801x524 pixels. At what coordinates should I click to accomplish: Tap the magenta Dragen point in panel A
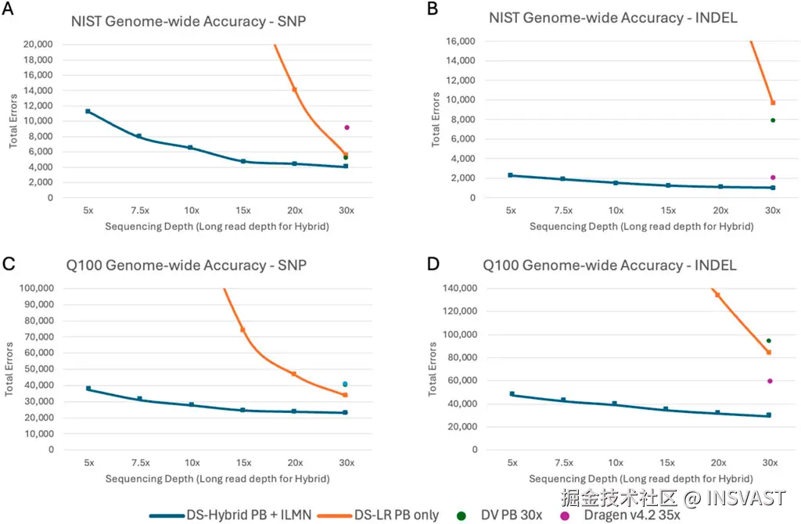(x=347, y=127)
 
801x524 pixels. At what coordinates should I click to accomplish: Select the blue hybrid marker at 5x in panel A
(x=88, y=111)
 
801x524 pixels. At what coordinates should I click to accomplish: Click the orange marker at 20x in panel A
(x=294, y=89)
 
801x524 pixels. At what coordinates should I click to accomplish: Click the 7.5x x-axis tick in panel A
(x=139, y=210)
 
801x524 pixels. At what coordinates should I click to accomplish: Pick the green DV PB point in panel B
(x=773, y=120)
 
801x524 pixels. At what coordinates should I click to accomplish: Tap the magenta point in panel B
(x=773, y=178)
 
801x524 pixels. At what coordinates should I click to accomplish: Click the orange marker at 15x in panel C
(x=242, y=329)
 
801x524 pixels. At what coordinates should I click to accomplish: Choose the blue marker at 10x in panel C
(x=191, y=404)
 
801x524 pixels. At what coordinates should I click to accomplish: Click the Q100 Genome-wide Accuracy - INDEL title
(x=610, y=265)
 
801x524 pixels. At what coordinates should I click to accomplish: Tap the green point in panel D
(x=769, y=340)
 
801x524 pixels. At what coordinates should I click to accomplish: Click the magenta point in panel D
(x=770, y=381)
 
